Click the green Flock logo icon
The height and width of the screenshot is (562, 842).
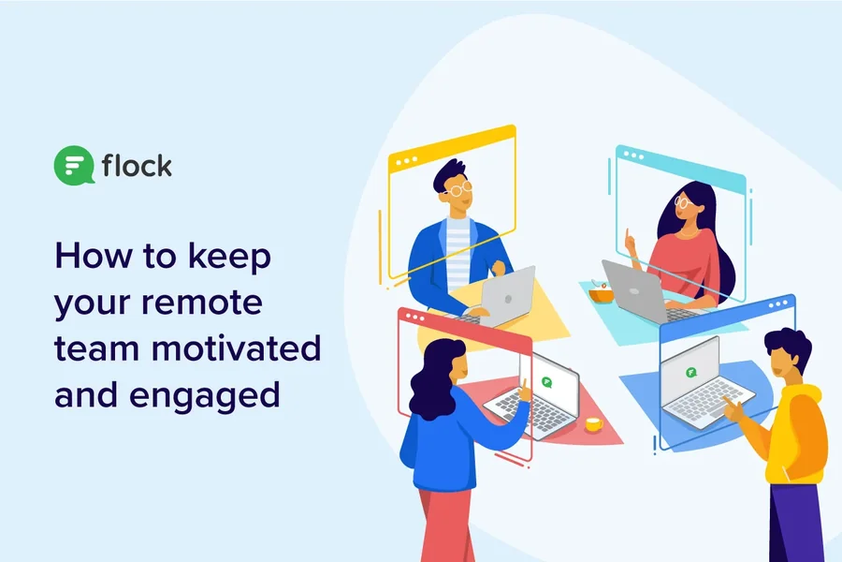[74, 165]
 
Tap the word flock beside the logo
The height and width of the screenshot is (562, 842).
[137, 165]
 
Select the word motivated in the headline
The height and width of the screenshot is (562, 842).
[237, 348]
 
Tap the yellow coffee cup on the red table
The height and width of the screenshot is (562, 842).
[593, 424]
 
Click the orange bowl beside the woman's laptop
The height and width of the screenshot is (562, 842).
[601, 295]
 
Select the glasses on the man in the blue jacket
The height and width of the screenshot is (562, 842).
[458, 189]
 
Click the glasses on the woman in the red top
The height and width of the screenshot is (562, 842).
[681, 202]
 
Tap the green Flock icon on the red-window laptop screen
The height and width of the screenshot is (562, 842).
[546, 382]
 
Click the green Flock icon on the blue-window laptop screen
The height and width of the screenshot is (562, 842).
[691, 372]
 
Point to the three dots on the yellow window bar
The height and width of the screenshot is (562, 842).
[407, 161]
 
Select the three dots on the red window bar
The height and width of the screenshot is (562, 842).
[415, 318]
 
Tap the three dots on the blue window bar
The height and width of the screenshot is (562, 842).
[778, 304]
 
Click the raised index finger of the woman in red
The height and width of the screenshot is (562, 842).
[626, 235]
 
